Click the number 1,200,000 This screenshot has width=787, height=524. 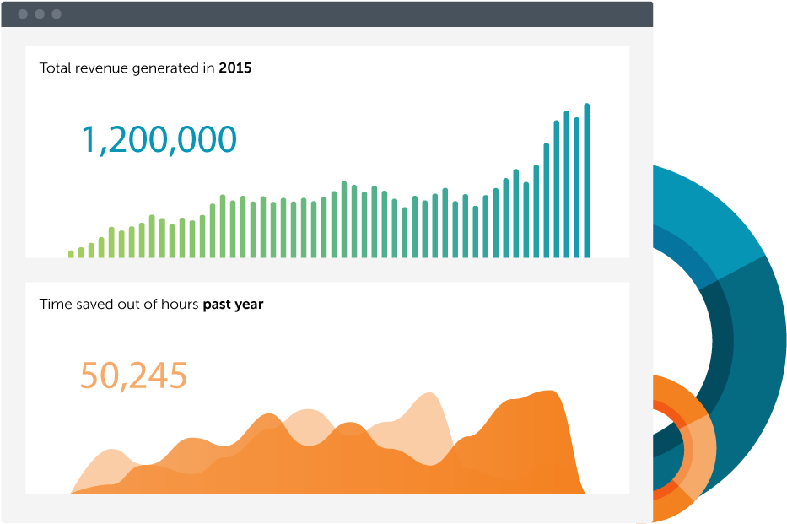pos(159,140)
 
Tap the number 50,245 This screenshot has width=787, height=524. pos(133,375)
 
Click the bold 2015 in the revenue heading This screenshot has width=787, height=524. pos(235,68)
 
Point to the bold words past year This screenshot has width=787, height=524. pos(233,305)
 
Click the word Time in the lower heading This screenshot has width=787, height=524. pos(54,305)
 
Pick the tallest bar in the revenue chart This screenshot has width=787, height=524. pos(587,181)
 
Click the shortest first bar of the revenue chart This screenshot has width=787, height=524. pos(71,254)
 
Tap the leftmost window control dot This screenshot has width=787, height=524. pos(23,14)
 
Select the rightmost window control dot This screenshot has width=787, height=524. pos(57,14)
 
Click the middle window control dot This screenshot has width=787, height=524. pos(40,14)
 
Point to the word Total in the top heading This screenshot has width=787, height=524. pos(56,68)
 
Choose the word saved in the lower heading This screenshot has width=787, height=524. pos(93,305)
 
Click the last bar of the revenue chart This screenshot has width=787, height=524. pos(587,181)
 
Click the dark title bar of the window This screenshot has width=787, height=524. pos(337,14)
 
